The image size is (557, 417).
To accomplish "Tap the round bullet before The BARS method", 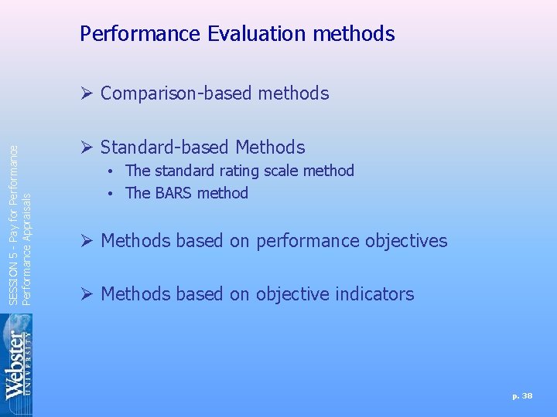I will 112,193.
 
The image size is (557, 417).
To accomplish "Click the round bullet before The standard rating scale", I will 112,171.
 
